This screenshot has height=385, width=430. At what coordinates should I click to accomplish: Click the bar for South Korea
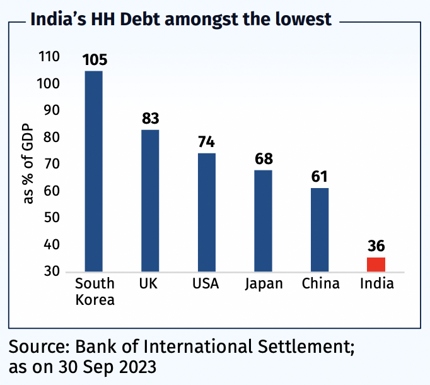(x=93, y=170)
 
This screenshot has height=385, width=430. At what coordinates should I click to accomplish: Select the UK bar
(x=150, y=200)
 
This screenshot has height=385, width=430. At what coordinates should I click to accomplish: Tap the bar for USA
(x=207, y=212)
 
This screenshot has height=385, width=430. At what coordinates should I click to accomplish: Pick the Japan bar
(x=264, y=220)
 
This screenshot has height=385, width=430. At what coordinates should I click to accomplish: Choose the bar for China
(x=320, y=230)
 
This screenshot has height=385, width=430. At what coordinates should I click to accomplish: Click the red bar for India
(x=376, y=264)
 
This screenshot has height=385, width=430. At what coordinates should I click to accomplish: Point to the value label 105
(x=94, y=60)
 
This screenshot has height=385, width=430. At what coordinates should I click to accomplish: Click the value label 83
(x=150, y=119)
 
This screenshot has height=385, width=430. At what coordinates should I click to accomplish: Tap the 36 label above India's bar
(x=376, y=246)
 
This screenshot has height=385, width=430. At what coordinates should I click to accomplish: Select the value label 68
(x=264, y=159)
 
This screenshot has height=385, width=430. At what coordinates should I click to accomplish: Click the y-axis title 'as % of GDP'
(x=28, y=165)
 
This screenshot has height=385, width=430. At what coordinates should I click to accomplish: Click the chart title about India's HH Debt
(x=181, y=20)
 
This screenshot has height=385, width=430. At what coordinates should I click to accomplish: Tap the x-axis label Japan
(x=264, y=283)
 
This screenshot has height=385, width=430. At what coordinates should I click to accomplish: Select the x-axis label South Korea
(x=95, y=291)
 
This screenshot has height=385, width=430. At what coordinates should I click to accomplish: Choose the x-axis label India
(x=376, y=283)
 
